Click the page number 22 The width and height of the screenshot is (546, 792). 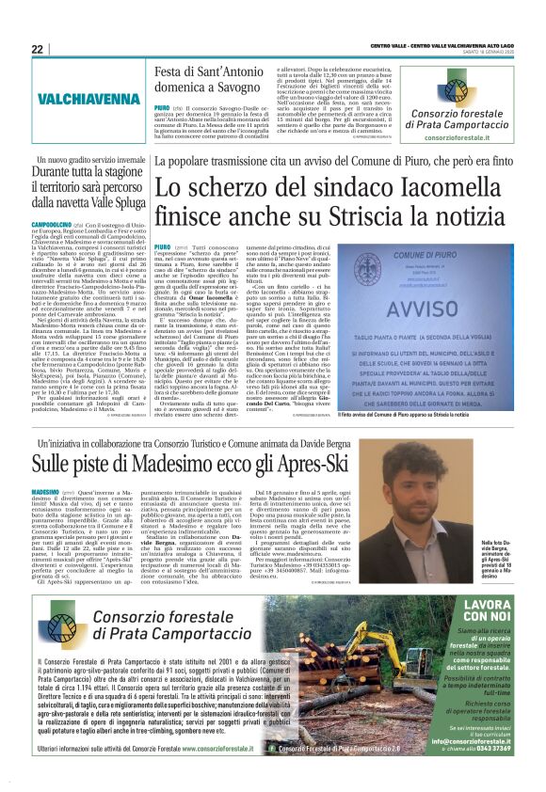tap(37, 49)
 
